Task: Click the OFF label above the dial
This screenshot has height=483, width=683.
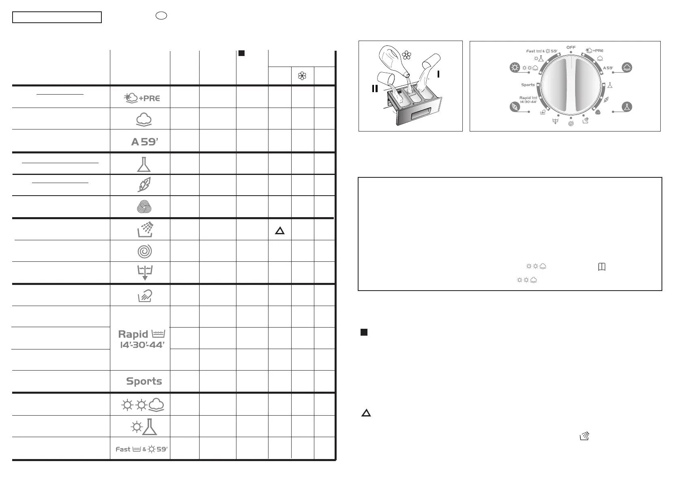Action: click(571, 47)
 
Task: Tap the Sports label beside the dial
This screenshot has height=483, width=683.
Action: click(528, 85)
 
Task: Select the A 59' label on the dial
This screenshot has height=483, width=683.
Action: click(608, 68)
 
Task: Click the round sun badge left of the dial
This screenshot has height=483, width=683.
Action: click(515, 67)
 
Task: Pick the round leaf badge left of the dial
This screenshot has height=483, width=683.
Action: click(515, 107)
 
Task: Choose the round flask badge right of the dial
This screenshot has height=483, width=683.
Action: click(627, 107)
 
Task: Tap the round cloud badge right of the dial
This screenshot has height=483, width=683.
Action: click(627, 67)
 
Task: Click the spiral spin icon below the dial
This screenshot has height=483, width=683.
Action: click(571, 123)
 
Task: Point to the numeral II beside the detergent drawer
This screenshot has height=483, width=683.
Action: click(375, 88)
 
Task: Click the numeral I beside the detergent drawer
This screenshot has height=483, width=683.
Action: click(438, 74)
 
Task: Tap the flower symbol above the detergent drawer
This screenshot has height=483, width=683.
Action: click(406, 56)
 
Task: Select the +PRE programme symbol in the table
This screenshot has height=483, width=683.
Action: click(142, 98)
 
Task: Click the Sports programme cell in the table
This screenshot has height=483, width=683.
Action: click(144, 381)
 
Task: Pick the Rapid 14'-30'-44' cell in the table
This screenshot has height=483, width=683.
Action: click(141, 339)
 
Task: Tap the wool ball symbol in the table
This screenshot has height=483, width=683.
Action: click(144, 207)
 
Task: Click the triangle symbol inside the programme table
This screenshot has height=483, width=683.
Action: click(279, 231)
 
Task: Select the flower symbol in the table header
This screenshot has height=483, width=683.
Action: click(302, 76)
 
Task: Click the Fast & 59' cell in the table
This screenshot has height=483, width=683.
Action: click(141, 449)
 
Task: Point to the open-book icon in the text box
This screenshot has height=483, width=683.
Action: click(602, 267)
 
